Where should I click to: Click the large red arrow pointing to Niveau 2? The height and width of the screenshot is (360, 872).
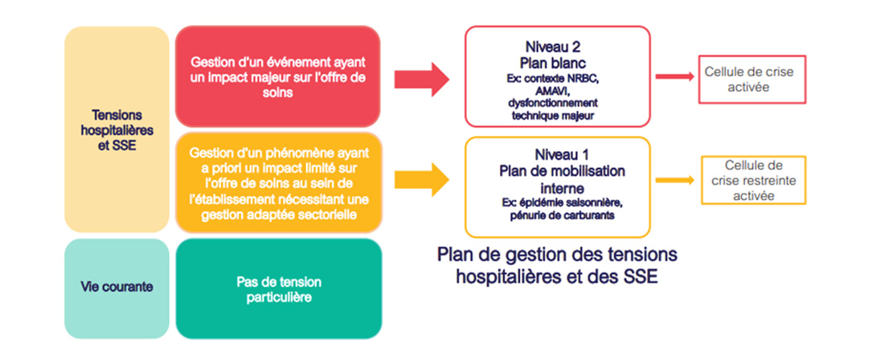pyautogui.click(x=422, y=79)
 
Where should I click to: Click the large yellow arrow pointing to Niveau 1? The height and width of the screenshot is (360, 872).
pyautogui.click(x=422, y=179)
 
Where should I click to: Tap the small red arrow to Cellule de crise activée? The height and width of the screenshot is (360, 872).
pyautogui.click(x=674, y=76)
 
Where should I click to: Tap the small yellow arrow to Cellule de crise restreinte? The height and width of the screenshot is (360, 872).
pyautogui.click(x=674, y=180)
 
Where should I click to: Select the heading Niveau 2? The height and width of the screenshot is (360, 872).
pyautogui.click(x=557, y=47)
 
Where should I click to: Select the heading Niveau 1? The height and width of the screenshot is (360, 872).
pyautogui.click(x=557, y=153)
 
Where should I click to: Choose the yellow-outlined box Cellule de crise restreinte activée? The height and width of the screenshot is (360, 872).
pyautogui.click(x=753, y=180)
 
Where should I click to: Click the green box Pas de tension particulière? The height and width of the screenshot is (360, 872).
pyautogui.click(x=279, y=288)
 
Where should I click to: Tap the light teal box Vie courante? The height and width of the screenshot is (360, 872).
pyautogui.click(x=117, y=288)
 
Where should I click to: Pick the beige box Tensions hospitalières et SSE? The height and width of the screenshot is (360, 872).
pyautogui.click(x=117, y=129)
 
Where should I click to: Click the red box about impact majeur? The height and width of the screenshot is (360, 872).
pyautogui.click(x=278, y=76)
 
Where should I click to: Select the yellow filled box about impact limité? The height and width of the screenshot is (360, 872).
pyautogui.click(x=279, y=182)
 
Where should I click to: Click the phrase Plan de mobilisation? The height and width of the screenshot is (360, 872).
pyautogui.click(x=562, y=170)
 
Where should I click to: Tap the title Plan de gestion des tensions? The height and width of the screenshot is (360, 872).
pyautogui.click(x=557, y=256)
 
